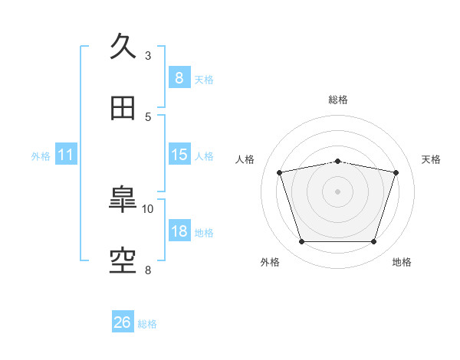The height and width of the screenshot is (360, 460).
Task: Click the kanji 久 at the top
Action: [123, 46]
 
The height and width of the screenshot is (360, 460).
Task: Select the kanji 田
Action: [123, 108]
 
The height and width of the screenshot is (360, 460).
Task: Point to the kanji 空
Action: [123, 261]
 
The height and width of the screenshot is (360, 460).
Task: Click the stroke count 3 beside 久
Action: [148, 56]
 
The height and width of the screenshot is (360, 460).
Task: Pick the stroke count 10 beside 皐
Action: [147, 209]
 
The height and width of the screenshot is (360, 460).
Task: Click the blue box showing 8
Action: [179, 77]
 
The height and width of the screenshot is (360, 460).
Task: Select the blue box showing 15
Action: [179, 154]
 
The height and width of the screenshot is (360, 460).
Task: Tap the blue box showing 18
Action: [179, 230]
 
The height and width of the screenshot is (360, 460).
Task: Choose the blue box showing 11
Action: [66, 154]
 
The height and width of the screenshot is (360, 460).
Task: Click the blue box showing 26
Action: [123, 321]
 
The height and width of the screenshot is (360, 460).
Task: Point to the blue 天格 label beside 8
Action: [204, 80]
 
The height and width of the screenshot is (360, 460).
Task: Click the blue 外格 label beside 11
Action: [41, 156]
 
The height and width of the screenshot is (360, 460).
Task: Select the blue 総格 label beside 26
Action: [147, 324]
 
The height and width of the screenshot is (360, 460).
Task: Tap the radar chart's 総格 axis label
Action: [338, 100]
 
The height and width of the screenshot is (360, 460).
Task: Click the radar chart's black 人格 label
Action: [245, 159]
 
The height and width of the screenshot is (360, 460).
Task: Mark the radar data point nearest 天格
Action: [396, 172]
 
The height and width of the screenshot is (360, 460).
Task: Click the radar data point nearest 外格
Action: [302, 241]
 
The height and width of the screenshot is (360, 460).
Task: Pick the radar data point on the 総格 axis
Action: [337, 162]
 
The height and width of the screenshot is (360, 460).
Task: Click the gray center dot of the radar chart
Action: [337, 191]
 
